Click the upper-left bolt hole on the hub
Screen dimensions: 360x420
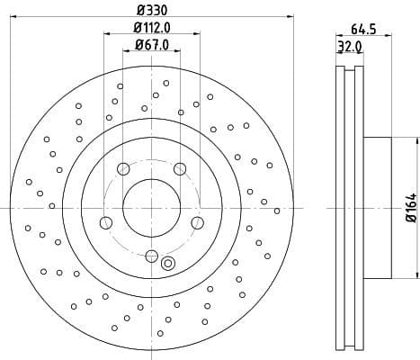pos(123,168)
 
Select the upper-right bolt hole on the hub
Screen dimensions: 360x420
pos(180,168)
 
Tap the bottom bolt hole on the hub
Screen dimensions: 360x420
pos(151,255)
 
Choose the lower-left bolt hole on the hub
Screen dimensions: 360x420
pos(105,222)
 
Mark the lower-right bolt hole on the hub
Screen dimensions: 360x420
pos(198,222)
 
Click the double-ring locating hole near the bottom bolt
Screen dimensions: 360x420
pos(167,263)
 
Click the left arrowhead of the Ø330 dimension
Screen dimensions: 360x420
pos(11,16)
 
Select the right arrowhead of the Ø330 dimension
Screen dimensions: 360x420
pos(291,16)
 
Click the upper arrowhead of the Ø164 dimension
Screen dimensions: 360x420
pos(417,141)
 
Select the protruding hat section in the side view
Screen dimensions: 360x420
pos(378,207)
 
